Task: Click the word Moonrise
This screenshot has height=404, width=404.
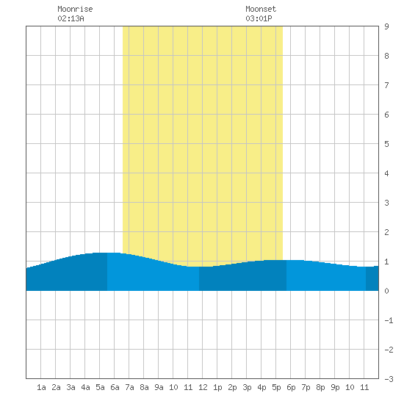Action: [75, 9]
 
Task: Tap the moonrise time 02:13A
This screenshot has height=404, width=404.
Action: [71, 18]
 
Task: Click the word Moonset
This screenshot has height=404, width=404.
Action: [261, 9]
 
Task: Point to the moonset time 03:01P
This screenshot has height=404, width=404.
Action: [259, 18]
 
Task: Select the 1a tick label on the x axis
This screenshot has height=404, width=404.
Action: [41, 387]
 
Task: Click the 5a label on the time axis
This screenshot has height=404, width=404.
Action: [100, 387]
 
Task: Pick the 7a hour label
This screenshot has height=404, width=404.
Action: [129, 387]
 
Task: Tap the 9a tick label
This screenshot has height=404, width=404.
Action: [159, 387]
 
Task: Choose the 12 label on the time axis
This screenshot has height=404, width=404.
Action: [203, 387]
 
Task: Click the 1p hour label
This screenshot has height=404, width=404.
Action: [217, 387]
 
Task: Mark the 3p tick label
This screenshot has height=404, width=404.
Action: [247, 387]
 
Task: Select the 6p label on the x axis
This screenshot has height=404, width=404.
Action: [291, 387]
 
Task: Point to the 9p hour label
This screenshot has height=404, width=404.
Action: [335, 387]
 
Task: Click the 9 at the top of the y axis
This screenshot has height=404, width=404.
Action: [386, 26]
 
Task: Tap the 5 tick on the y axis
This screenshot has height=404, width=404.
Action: [386, 144]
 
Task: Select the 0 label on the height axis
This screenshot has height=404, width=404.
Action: [386, 291]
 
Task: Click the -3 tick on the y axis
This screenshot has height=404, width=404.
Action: [389, 379]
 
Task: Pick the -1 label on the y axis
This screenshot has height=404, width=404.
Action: [389, 320]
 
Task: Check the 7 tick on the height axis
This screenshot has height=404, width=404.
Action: [386, 85]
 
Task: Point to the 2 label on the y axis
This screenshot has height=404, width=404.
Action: [386, 232]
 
